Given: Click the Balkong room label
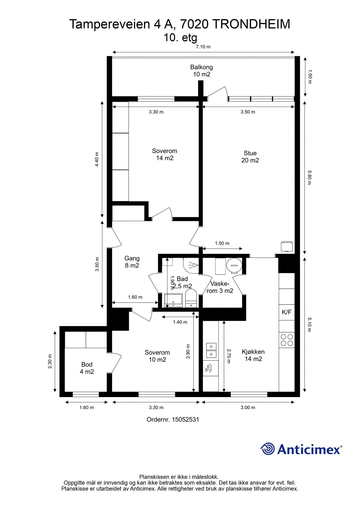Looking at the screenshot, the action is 201,71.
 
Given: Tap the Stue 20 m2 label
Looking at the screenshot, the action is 250,157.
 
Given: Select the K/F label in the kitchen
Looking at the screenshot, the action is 286,312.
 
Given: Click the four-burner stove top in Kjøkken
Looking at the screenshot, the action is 287,340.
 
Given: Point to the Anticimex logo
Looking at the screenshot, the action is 301,449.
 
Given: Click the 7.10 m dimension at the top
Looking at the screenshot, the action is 203,47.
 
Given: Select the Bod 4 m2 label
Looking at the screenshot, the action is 87,368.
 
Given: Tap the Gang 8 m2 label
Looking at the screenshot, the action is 132,262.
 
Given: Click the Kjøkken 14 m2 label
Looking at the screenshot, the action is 253,355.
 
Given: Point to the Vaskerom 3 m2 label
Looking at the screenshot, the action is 220,287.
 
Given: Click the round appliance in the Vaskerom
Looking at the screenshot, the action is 234,266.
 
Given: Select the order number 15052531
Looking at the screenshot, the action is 173,419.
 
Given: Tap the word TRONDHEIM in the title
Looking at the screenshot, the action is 251,24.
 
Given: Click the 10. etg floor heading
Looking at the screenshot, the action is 180,38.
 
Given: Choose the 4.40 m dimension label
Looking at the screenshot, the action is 97,159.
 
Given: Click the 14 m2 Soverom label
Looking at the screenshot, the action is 165,154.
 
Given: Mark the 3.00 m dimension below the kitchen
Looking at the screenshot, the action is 248,407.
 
